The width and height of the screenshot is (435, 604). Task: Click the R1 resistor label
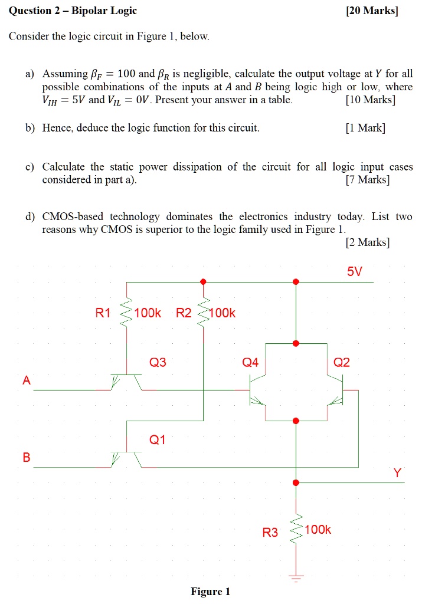coord(103,313)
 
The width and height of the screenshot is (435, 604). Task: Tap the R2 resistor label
coord(184,313)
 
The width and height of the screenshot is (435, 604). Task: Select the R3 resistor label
coord(270,533)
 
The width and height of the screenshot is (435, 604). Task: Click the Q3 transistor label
coord(158,362)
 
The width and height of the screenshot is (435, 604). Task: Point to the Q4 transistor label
coord(250,362)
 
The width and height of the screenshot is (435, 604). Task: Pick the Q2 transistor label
coord(341,362)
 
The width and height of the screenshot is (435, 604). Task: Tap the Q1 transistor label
coord(157,439)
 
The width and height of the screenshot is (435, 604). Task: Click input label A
coord(26,380)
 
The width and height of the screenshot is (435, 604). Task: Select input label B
coord(26,457)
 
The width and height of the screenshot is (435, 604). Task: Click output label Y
coord(398,472)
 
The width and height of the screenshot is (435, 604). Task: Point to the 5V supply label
coord(355,271)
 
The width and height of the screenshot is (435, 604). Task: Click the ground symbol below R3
coord(296,578)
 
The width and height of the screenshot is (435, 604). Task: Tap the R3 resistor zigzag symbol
coord(296,529)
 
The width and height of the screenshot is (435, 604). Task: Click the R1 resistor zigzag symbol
coord(126,313)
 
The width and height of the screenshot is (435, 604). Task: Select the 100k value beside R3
coord(318,530)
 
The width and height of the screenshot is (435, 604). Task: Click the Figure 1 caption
coord(210,592)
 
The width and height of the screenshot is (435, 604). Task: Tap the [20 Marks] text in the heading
coord(372,11)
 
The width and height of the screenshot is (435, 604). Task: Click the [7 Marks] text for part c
coord(368,179)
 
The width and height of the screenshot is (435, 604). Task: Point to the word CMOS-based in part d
coord(73,216)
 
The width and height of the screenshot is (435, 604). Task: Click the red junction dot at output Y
coord(296,482)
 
